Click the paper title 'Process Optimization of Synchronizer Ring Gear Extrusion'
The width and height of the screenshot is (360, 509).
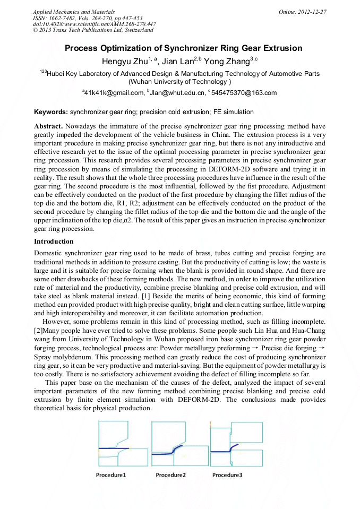(x=183, y=48)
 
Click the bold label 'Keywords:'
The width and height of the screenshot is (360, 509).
(x=50, y=112)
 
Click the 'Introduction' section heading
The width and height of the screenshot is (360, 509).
(x=54, y=241)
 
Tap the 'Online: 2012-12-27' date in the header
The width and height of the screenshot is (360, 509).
(x=303, y=11)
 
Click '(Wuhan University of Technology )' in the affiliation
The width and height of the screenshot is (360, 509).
(x=180, y=82)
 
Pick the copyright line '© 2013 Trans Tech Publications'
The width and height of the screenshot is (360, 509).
(x=85, y=30)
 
